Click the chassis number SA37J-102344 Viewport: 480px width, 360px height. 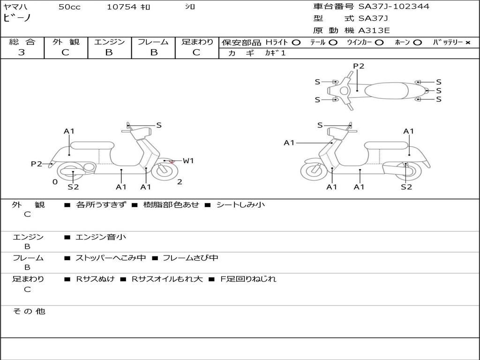(x=393, y=7)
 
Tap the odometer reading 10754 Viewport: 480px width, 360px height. (x=121, y=7)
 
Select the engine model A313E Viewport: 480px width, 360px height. (x=374, y=31)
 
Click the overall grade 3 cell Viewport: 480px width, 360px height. (x=22, y=52)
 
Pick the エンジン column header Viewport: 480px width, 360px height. (x=109, y=42)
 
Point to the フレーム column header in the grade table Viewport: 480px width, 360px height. (x=153, y=42)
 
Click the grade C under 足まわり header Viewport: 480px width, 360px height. (x=196, y=52)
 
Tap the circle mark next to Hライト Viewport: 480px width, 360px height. (x=296, y=43)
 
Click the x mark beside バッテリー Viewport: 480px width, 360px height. (x=467, y=43)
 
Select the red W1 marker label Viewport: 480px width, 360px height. (x=188, y=161)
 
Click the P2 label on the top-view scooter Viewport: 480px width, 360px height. (x=359, y=66)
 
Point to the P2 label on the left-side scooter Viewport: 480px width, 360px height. (x=36, y=164)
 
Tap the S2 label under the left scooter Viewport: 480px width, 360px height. (x=73, y=187)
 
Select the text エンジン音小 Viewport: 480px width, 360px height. (x=100, y=237)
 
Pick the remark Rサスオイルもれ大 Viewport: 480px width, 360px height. (x=166, y=279)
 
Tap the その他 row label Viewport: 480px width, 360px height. (x=29, y=311)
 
